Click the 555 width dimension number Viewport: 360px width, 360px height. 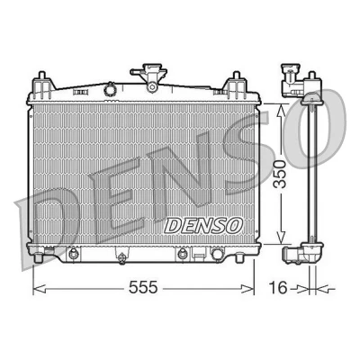143,288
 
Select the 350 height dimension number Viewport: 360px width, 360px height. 281,175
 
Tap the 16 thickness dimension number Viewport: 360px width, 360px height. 277,288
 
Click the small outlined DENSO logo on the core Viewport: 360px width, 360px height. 203,225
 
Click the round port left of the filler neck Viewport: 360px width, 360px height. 110,89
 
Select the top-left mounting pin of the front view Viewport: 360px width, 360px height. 41,76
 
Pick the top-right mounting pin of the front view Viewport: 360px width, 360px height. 237,76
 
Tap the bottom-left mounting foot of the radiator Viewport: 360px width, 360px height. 38,257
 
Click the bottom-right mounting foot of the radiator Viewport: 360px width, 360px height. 239,257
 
